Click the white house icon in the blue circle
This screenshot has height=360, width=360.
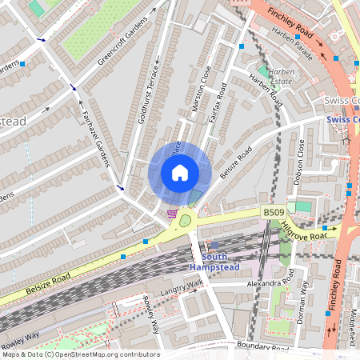click(180, 172)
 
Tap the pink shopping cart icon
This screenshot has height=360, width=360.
click(172, 214)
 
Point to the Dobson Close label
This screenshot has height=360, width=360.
click(298, 161)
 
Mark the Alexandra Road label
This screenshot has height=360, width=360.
click(270, 282)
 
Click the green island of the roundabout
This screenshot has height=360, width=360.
click(186, 220)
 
